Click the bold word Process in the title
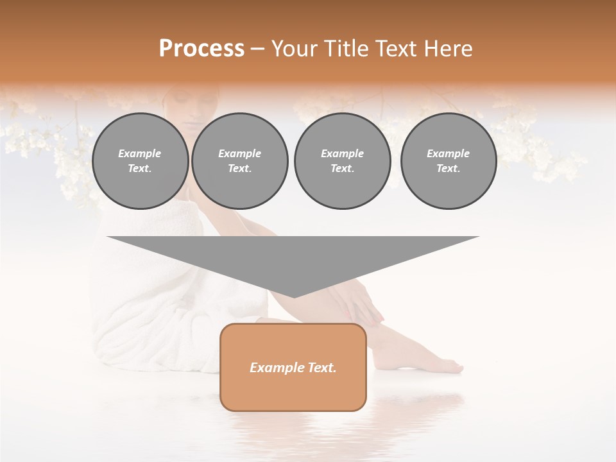tap(201, 49)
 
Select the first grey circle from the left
tap(141, 161)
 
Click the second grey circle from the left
tap(240, 161)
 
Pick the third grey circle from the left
tap(343, 161)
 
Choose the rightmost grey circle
tap(449, 161)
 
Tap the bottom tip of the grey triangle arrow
tap(294, 296)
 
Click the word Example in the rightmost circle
tap(449, 153)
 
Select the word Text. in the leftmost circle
tap(140, 169)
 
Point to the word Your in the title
tap(293, 49)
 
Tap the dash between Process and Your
tap(257, 49)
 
